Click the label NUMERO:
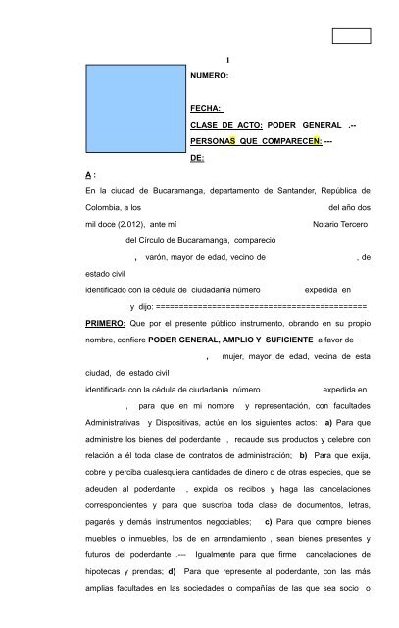point(210,74)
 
